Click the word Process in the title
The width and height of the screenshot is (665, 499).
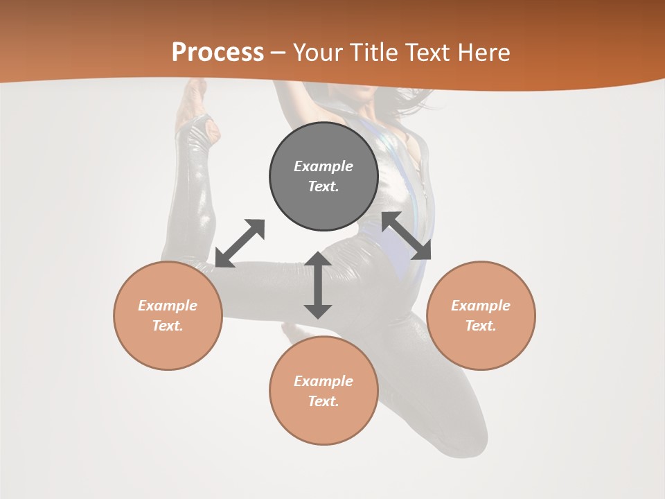point(218,52)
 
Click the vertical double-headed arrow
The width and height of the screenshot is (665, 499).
point(318,285)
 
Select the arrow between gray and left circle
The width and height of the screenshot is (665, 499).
point(240,243)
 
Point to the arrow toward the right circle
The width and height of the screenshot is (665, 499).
point(407,236)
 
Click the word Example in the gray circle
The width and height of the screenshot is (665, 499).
point(323,166)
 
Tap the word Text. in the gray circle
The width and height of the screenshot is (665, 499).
point(323,186)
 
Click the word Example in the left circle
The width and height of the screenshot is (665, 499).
point(168,306)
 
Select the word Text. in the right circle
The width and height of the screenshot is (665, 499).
point(481,326)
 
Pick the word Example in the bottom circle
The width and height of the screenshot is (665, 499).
point(323,381)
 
